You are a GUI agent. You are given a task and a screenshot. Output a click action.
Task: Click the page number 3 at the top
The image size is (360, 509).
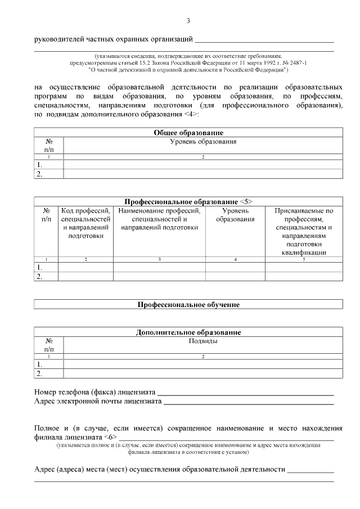click(188, 21)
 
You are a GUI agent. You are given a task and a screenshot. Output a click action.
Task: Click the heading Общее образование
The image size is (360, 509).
click(188, 132)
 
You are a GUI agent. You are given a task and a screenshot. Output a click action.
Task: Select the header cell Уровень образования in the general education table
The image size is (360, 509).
click(202, 142)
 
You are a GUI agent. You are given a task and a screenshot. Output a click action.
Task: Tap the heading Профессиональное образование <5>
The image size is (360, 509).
click(188, 201)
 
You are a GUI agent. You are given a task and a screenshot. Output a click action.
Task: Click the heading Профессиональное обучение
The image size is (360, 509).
click(188, 304)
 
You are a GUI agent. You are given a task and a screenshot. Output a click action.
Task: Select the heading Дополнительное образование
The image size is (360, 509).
click(188, 332)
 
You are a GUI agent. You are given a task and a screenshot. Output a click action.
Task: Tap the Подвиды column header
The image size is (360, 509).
click(202, 341)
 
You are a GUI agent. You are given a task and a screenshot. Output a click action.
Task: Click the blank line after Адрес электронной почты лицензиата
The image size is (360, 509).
click(248, 403)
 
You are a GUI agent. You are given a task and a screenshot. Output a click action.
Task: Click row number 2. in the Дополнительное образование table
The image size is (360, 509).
click(39, 373)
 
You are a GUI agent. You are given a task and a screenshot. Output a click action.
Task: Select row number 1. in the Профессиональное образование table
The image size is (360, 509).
click(39, 268)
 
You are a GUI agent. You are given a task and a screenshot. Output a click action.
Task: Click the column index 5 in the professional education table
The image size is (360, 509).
click(304, 259)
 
